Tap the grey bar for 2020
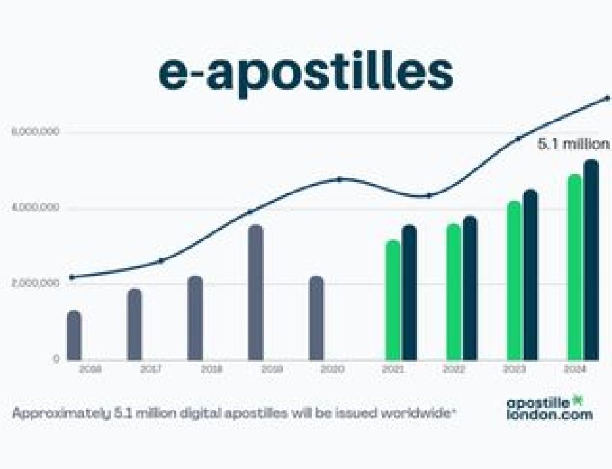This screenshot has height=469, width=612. (316, 318)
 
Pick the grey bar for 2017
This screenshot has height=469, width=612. (134, 325)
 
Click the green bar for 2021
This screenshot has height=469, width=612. (392, 300)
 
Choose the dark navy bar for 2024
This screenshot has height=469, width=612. (591, 260)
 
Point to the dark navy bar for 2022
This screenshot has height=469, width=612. (469, 288)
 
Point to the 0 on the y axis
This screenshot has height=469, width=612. (56, 359)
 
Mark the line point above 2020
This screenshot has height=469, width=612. (340, 179)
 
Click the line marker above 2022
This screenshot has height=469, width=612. (429, 195)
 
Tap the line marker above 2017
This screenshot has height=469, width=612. (161, 261)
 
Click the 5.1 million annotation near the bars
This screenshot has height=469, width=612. (573, 144)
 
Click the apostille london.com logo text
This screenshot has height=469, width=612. (548, 408)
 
